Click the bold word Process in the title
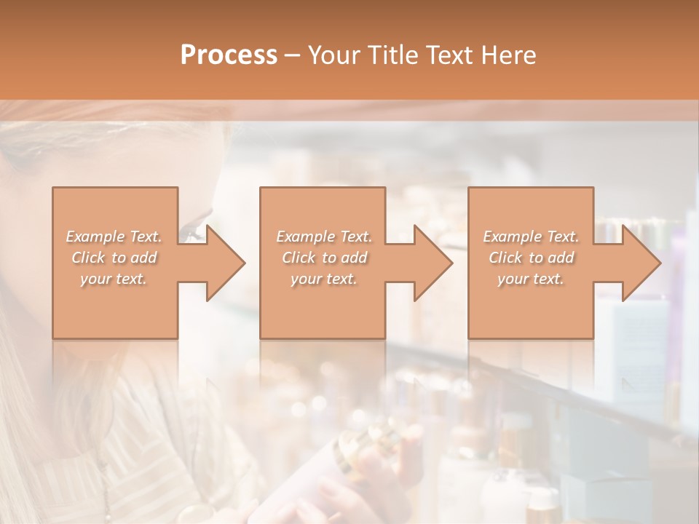pos(229,55)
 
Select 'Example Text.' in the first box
pos(114,237)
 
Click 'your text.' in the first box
pos(114,279)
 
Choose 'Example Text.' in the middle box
pos(323,237)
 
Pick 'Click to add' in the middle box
pos(323,258)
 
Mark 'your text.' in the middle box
pos(323,279)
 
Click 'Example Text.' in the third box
pos(531,237)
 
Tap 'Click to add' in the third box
pos(531,258)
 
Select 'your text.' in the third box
pos(531,279)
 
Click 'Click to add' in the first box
pos(114,258)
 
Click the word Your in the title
pos(333,55)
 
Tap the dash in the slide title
pos(292,56)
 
